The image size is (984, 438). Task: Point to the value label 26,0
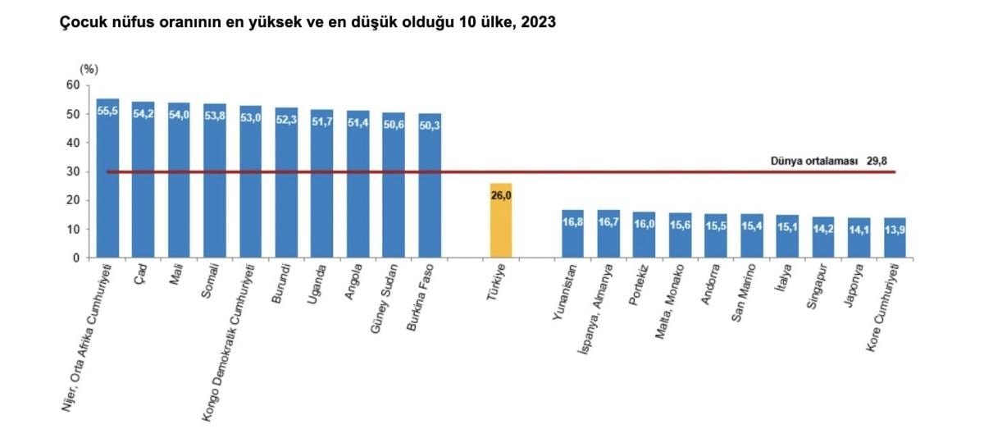click(x=500, y=196)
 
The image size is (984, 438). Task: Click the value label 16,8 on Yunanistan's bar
click(x=572, y=222)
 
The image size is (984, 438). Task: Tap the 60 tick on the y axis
click(x=72, y=85)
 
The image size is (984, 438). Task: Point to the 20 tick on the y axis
click(x=72, y=200)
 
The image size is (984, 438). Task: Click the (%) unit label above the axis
click(x=88, y=69)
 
